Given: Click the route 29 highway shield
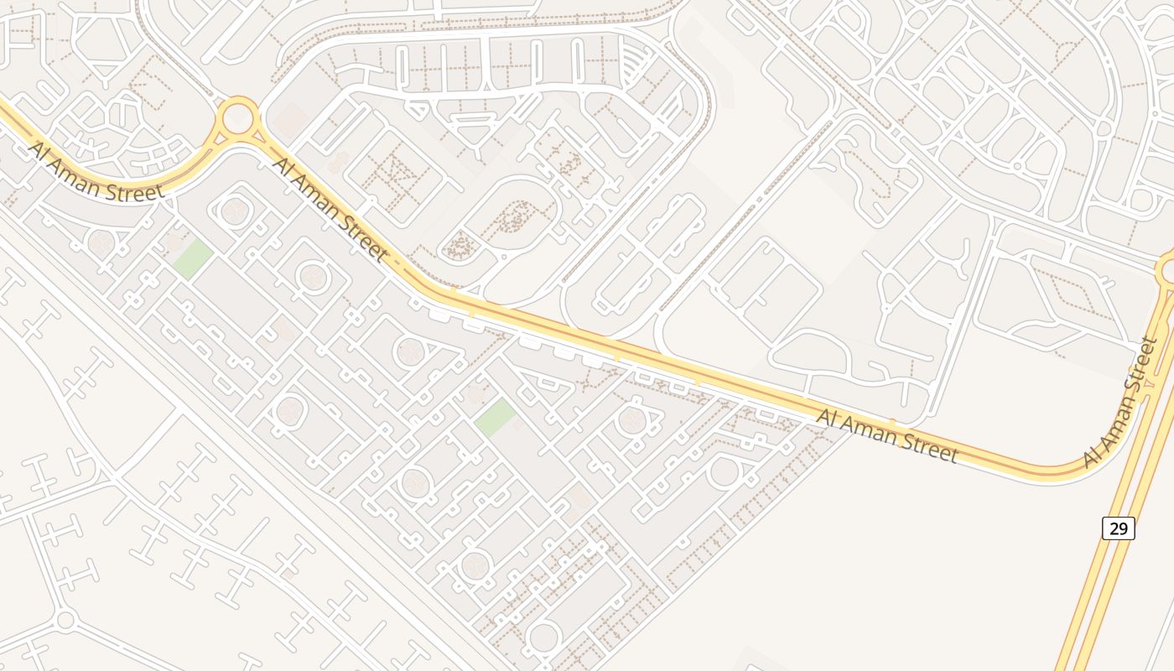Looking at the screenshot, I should point(1118,528).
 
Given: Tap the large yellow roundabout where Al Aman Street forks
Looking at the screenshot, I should point(238,117).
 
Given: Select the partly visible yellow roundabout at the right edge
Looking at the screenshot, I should point(1168,271).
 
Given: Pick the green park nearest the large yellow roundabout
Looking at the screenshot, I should point(192,258).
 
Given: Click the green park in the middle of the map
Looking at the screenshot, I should point(496,417).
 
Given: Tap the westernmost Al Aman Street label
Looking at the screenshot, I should point(96,172).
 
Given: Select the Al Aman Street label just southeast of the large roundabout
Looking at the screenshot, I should point(330,208).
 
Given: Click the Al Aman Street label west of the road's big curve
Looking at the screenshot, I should point(887,435).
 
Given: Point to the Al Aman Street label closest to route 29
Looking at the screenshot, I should point(1121,403).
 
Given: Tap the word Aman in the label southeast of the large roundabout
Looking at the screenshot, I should point(321,200).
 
